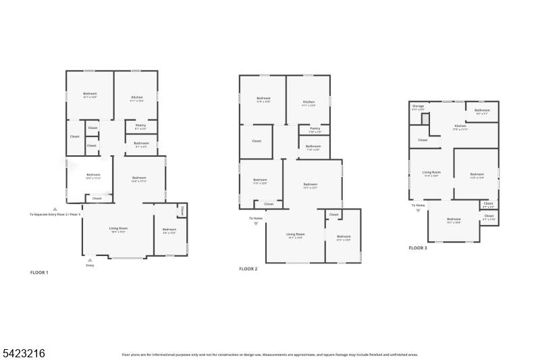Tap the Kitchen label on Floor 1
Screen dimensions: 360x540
[x=137, y=98]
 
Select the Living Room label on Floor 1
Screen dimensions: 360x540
[x=119, y=229]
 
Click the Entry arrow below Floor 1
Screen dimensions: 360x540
[x=90, y=259]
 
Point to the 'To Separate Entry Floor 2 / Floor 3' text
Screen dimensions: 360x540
[x=55, y=214]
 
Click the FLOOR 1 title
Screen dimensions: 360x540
[x=39, y=272]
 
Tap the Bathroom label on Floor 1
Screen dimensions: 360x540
[x=141, y=143]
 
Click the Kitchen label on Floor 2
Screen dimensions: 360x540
[x=308, y=103]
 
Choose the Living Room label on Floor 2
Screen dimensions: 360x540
[x=295, y=236]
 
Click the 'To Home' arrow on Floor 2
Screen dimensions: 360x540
[x=256, y=223]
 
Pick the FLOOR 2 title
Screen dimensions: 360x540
[x=248, y=268]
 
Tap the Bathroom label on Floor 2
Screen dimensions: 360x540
[x=313, y=147]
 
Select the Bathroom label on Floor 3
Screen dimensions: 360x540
[x=482, y=111]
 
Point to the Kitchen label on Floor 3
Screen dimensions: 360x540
[x=460, y=126]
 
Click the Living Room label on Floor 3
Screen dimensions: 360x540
[x=431, y=174]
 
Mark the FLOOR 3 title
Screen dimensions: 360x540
[x=417, y=248]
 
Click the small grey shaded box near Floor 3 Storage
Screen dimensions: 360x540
[x=425, y=119]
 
